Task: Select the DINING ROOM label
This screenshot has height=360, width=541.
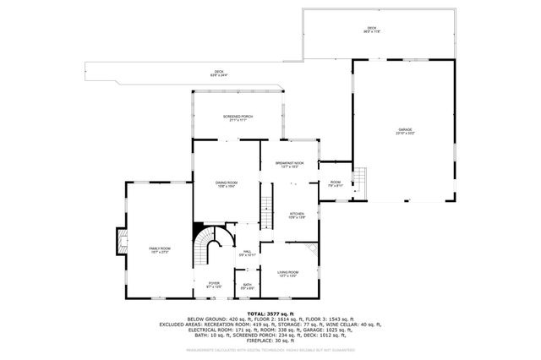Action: [x=226, y=183]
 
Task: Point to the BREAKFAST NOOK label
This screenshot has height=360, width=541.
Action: [x=289, y=164]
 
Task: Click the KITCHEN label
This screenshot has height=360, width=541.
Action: [x=297, y=215]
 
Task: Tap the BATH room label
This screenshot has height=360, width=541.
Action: [x=247, y=286]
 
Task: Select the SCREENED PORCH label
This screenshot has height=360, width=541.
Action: [x=238, y=117]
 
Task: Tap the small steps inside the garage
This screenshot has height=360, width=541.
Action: [x=361, y=180]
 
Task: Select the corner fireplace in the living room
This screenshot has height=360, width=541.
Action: [x=314, y=250]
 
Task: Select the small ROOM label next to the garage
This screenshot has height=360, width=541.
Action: [x=335, y=183]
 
